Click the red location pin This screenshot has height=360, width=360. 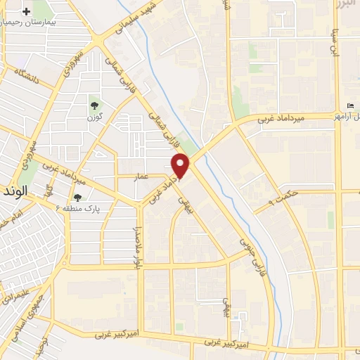pos(181,165)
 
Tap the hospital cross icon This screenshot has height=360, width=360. pos(27,12)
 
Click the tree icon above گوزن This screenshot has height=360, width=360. pos(94,105)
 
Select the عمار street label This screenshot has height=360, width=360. pos(141,179)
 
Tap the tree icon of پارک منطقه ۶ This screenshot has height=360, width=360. pos(77,198)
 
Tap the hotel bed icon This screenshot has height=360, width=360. pos(351,105)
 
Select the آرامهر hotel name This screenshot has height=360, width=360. pos(349,116)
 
